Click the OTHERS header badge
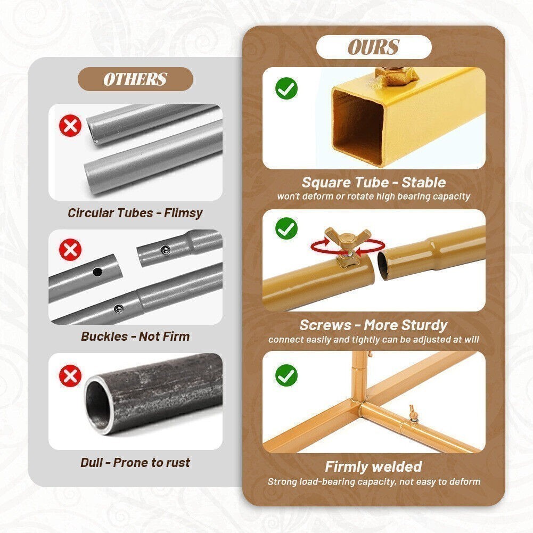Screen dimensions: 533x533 coord(135,79)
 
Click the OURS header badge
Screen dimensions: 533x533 coord(374,47)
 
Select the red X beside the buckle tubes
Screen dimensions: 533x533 coord(70,250)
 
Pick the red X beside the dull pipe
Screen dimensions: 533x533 coord(70,376)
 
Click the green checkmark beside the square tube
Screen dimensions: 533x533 coord(286,88)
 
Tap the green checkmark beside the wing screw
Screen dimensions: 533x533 coord(286,229)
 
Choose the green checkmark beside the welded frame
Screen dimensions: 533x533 coord(286,375)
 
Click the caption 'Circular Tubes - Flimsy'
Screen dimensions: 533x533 coord(135,213)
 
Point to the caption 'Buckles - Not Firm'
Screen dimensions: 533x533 coord(135,337)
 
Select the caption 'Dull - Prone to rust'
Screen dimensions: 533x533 coord(135,463)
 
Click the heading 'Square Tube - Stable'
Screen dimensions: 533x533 coord(374,183)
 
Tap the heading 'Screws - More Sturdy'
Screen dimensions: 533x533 coord(374,325)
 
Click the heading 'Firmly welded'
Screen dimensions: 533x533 coord(374,467)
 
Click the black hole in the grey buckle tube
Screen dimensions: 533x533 coord(97,272)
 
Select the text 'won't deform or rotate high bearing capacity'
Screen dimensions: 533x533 coord(374,196)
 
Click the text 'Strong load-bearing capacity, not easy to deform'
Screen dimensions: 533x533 coord(374,482)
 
